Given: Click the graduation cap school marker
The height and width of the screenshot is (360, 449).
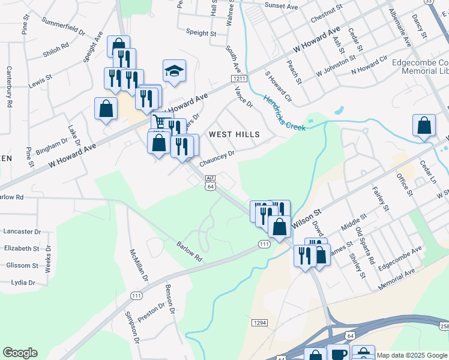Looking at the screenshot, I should click(x=174, y=71).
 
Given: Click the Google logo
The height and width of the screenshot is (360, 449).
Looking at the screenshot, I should click(x=20, y=353).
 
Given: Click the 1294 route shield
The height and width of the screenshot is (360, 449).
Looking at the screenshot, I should click(x=259, y=323).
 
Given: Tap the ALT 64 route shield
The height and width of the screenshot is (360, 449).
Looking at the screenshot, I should click(x=210, y=182).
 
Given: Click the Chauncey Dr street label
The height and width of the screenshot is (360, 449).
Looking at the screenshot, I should click(x=216, y=158).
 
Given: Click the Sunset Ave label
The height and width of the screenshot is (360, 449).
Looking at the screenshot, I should click(x=281, y=7).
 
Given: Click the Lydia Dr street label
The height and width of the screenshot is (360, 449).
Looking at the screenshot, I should click(x=23, y=282).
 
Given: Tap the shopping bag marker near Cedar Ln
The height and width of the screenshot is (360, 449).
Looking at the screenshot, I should click(x=424, y=125).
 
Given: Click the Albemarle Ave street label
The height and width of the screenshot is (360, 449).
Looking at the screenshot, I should click(x=399, y=28).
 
